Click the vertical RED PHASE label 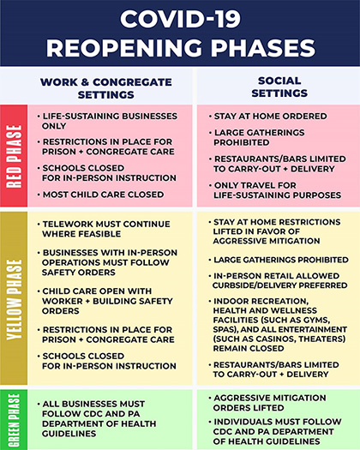15,156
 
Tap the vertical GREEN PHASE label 15,420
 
